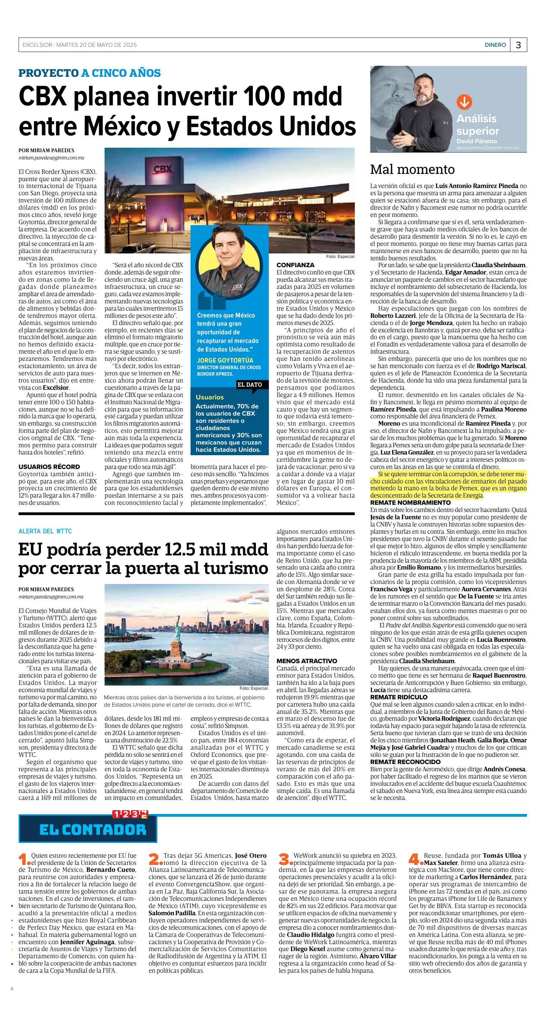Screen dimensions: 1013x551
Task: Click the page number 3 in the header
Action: pos(518,45)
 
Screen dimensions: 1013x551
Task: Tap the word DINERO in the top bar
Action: pos(495,45)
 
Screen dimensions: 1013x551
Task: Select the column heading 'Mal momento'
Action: pos(412,169)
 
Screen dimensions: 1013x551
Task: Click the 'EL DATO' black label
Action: pos(249,385)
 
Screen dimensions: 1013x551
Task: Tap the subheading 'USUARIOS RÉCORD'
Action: pos(49,467)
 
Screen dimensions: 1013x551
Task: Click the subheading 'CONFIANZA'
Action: pos(295,265)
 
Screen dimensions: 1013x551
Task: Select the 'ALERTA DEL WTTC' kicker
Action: pos(45,531)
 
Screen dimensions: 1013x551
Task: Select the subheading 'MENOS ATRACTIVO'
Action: pos(307,661)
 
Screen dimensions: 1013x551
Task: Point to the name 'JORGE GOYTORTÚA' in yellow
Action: pos(225,360)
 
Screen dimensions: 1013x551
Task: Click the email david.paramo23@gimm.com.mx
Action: pos(487,148)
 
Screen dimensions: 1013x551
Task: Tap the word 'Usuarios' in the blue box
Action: pos(210,397)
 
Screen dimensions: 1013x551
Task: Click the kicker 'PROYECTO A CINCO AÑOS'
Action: pos(90,73)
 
